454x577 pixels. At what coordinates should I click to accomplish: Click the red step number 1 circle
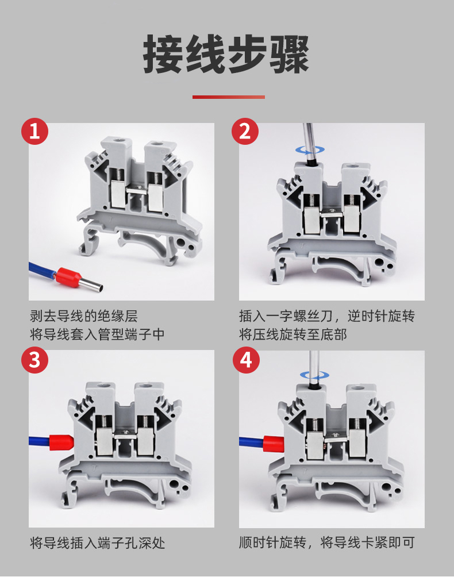pos(34,131)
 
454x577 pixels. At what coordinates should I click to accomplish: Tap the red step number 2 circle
pos(245,131)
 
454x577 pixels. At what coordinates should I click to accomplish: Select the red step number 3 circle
pos(34,360)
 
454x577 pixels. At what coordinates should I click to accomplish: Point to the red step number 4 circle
pos(246,360)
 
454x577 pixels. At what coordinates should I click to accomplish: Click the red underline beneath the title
pos(229,97)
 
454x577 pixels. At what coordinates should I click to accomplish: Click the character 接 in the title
pos(163,54)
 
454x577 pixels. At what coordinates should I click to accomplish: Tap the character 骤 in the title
pos(289,54)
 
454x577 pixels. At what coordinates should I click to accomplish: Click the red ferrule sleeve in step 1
pos(68,277)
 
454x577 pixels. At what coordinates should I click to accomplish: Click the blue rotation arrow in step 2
pos(310,150)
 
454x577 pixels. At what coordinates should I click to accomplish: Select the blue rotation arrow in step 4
pos(314,375)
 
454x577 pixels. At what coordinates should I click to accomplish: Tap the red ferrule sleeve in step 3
pos(61,442)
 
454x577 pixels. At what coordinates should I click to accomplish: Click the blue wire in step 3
pos(39,441)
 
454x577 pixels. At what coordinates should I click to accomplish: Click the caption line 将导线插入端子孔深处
pos(98,543)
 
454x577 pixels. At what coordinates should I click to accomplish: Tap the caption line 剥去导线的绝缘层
pos(84,316)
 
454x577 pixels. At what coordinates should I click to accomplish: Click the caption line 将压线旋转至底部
pos(293,334)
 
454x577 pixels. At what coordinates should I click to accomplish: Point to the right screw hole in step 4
pos(357,388)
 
